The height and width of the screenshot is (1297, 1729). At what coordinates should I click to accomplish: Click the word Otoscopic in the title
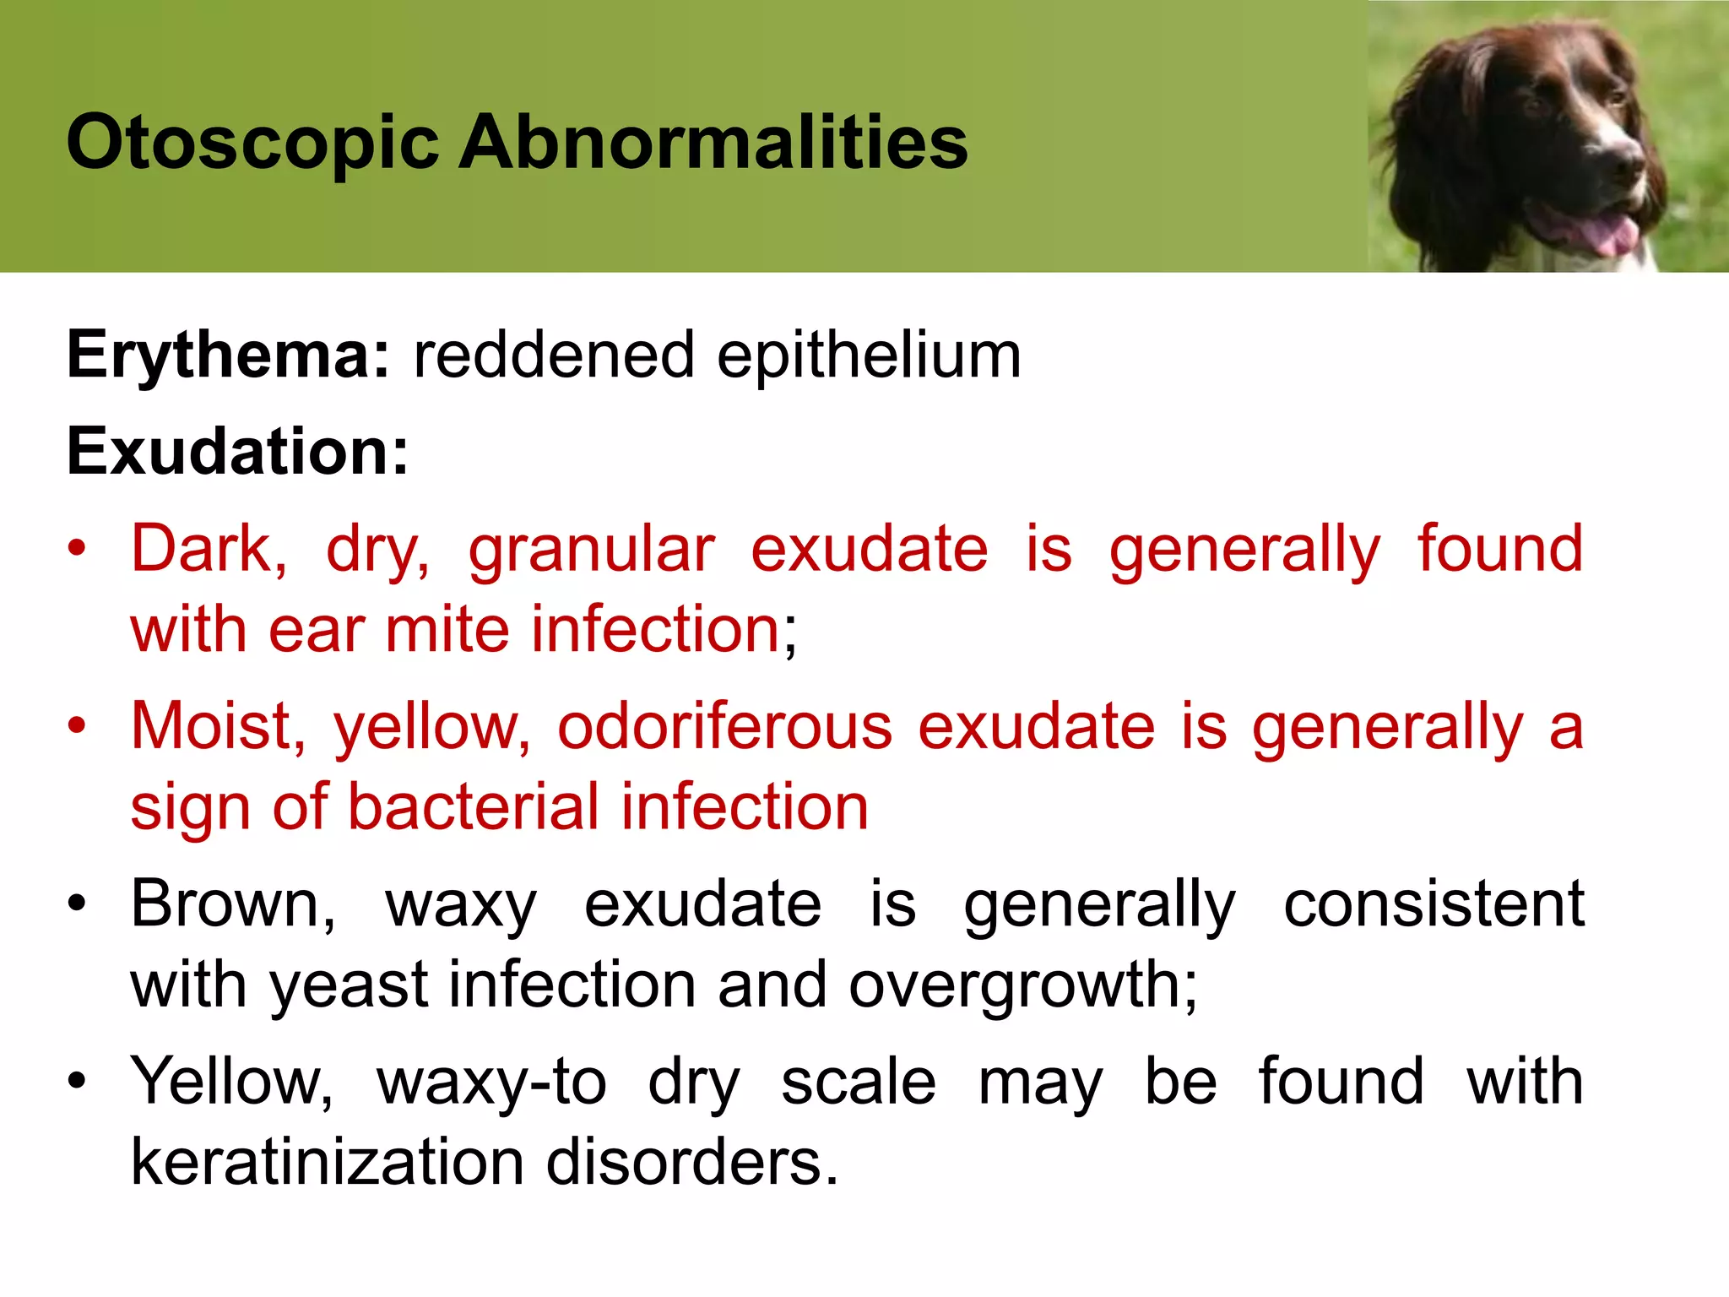[252, 144]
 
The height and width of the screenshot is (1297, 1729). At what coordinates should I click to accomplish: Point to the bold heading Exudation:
[237, 452]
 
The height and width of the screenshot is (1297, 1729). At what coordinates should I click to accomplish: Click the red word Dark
[208, 550]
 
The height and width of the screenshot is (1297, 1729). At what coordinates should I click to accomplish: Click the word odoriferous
[724, 727]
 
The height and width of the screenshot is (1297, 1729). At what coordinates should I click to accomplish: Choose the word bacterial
[473, 807]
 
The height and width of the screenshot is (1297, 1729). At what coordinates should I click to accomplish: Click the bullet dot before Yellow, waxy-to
[78, 1080]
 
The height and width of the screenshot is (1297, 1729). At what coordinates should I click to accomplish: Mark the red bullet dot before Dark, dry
[78, 548]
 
